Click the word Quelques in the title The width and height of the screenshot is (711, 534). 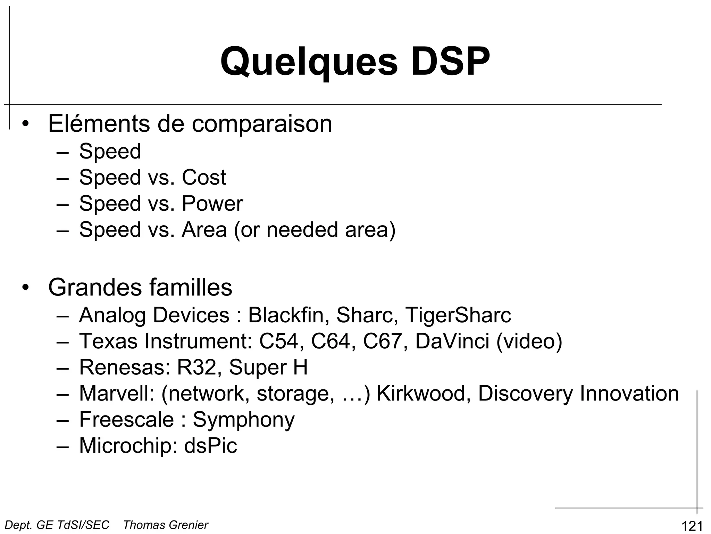309,62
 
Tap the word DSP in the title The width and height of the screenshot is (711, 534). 450,62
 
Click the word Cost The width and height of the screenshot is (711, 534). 204,177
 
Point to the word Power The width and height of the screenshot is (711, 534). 212,203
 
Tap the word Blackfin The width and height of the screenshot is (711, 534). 288,315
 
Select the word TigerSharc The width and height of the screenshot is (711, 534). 458,315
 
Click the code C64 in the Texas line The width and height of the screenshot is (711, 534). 333,341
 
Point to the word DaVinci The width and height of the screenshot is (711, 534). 452,341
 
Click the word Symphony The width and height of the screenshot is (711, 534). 243,420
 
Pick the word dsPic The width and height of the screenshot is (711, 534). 210,446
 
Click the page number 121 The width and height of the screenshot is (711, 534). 692,526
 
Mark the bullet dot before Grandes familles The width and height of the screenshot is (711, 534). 25,288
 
